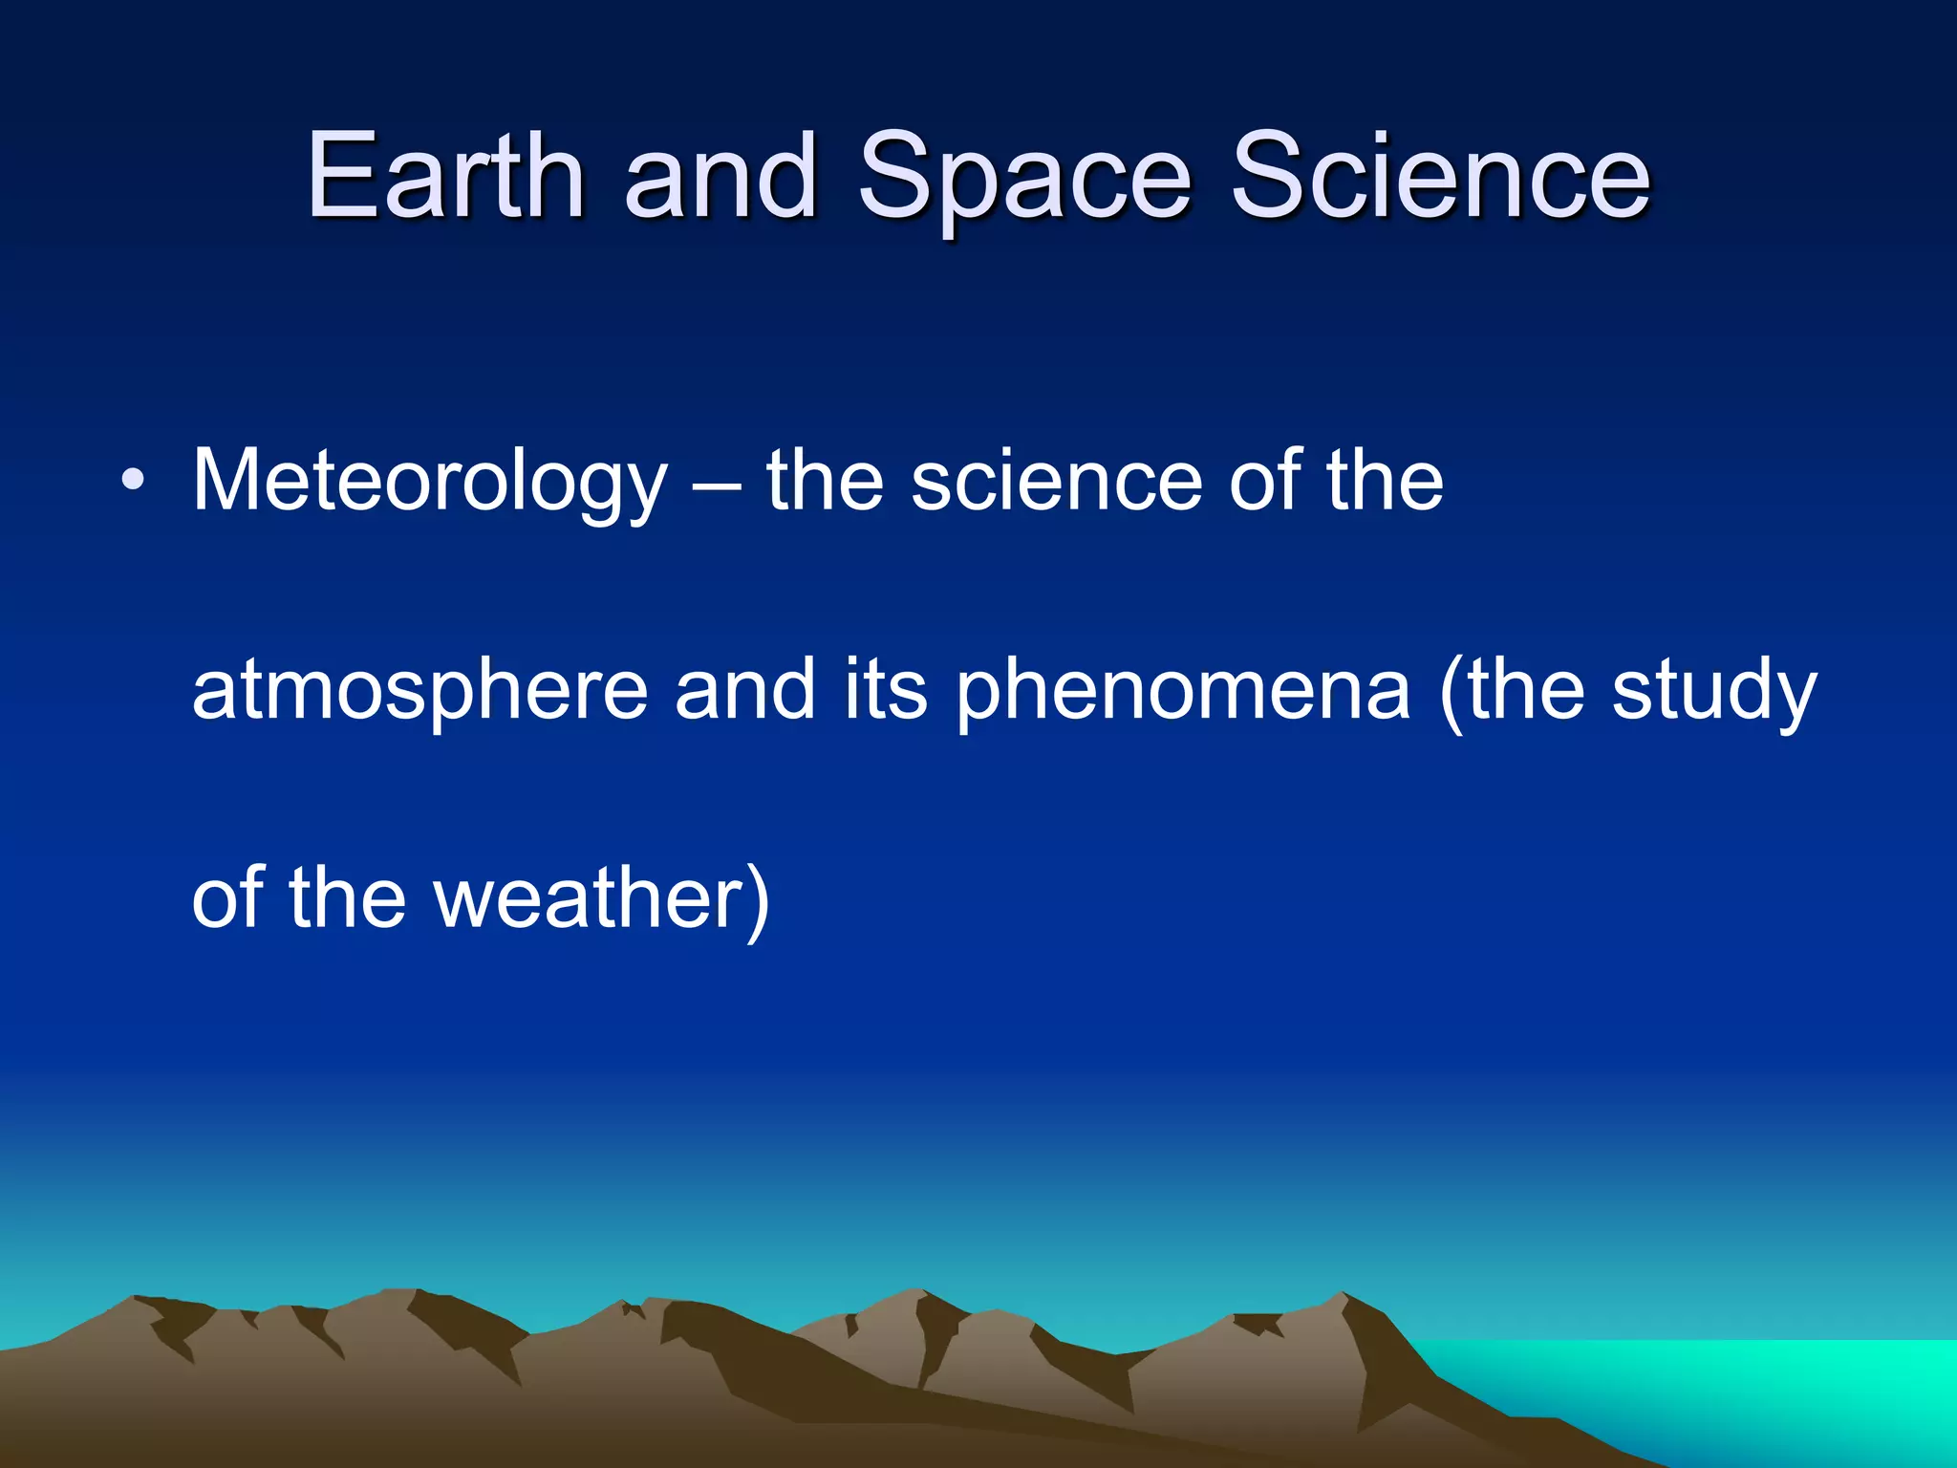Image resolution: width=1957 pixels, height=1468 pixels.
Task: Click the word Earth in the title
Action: tap(445, 177)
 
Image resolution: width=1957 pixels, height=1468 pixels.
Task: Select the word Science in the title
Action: tap(1440, 177)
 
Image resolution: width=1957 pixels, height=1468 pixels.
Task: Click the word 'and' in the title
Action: tap(721, 177)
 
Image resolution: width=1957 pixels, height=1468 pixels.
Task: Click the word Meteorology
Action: tap(429, 483)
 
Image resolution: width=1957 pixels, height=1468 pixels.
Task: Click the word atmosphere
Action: tap(420, 691)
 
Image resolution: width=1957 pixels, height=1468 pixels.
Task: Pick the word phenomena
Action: tap(1183, 691)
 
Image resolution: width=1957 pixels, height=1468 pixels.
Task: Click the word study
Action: tap(1714, 691)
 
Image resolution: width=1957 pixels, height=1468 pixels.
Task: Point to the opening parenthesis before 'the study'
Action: tap(1452, 691)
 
